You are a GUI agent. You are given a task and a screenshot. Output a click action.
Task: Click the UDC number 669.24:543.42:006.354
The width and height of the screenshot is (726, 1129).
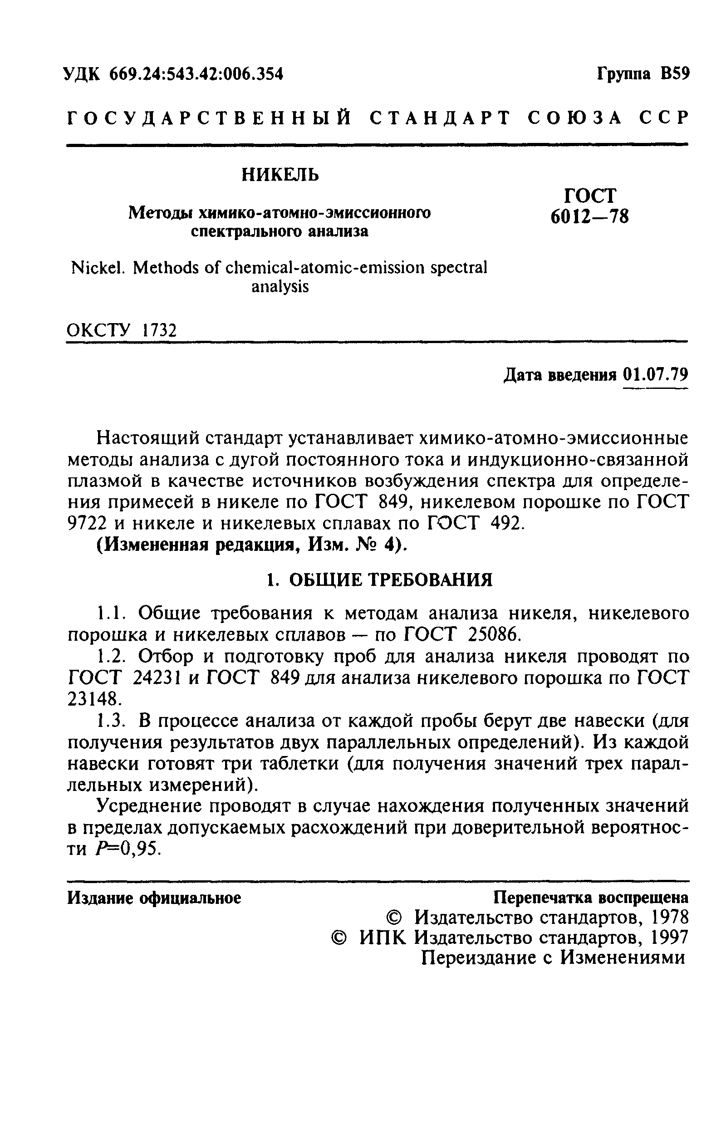pos(196,74)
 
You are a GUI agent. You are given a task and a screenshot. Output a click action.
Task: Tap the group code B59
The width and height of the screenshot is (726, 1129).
pos(675,74)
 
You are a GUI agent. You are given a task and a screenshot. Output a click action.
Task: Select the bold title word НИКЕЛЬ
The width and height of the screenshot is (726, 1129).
pos(280,175)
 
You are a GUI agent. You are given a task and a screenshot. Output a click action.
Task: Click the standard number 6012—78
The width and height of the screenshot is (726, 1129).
pos(589,216)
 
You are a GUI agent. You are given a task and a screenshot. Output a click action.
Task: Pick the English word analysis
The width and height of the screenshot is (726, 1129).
pos(280,287)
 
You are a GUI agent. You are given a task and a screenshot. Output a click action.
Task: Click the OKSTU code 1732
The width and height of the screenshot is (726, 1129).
pos(159,330)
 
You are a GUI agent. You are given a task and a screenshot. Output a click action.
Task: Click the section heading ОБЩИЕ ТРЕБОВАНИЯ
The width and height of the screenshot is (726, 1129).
pos(390,580)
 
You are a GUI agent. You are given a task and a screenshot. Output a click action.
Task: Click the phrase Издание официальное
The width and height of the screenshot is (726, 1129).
pos(154,898)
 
